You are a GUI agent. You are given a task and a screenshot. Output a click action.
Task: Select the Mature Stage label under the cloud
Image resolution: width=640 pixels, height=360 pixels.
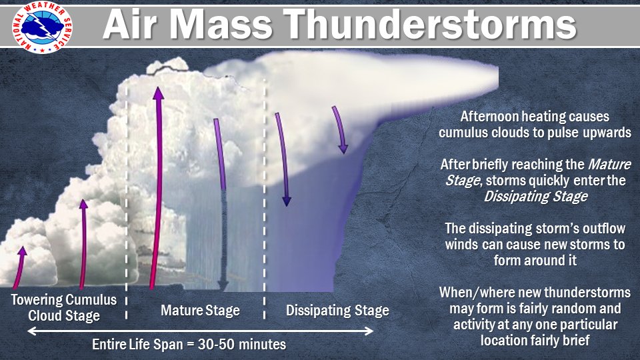coord(200,311)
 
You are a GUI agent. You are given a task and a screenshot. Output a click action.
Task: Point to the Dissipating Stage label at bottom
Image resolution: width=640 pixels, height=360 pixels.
coord(337,311)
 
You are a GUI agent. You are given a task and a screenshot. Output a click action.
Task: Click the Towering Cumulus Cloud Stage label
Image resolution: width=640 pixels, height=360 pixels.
coord(64,307)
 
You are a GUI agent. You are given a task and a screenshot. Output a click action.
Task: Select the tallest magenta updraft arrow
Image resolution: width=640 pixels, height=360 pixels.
coord(157,187)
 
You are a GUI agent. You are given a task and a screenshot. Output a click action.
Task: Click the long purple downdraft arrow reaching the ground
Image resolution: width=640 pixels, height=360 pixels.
coord(220,207)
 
